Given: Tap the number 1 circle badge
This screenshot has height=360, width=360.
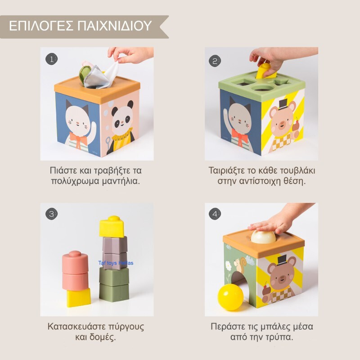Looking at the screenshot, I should (x=52, y=59).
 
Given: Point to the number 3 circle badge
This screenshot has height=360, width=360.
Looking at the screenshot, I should (x=52, y=214).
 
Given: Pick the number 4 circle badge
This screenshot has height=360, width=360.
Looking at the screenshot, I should (x=215, y=214).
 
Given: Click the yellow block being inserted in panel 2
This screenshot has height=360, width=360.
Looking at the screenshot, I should (x=264, y=71).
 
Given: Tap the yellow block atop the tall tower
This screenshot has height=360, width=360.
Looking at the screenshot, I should (x=112, y=227).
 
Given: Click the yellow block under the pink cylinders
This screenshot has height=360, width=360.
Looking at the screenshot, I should (x=78, y=297).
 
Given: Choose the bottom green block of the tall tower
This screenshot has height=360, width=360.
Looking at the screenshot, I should (x=114, y=292).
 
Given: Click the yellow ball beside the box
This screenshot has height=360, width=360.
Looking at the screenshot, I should (x=230, y=297).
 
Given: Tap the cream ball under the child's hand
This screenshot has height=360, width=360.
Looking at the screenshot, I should (x=263, y=237).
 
